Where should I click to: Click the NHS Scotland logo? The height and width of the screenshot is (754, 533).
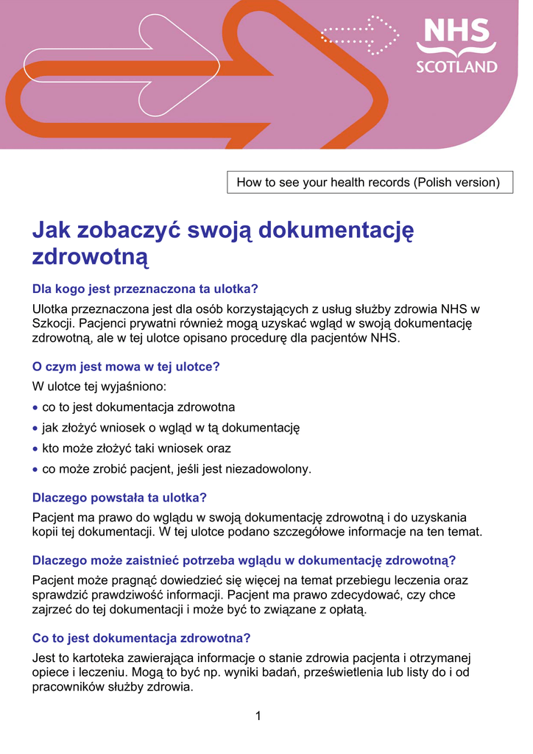(456, 46)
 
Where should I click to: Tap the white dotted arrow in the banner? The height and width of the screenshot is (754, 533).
(360, 34)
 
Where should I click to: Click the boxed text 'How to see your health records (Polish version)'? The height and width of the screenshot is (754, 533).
(368, 183)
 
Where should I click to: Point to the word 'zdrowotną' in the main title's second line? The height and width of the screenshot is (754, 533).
(91, 257)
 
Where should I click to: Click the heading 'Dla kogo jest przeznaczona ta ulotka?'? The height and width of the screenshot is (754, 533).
(146, 289)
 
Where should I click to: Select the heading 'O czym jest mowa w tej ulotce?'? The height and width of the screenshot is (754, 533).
(127, 366)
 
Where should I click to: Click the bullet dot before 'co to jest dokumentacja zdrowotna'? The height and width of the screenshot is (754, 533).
(36, 407)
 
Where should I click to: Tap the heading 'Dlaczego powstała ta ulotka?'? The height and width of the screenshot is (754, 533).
(120, 497)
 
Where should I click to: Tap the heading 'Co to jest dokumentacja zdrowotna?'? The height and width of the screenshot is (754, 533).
(142, 638)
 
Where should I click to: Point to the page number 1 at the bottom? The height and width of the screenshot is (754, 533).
(258, 716)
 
